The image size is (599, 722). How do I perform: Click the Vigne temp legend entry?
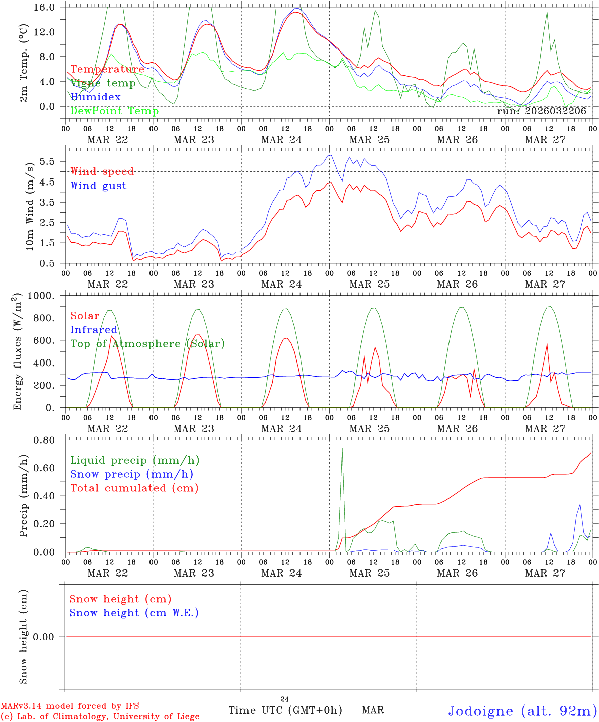point(103,83)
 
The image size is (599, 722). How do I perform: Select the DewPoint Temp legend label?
point(114,111)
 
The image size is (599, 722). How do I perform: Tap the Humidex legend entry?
point(95,97)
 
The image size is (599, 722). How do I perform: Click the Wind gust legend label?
point(98,186)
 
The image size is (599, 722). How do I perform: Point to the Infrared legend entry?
point(94,330)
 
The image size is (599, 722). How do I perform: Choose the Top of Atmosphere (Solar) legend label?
point(147,344)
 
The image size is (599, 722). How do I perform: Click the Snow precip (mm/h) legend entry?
point(131,474)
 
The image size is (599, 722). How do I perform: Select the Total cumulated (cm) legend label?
point(134,488)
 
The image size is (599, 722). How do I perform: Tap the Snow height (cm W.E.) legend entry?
point(133,613)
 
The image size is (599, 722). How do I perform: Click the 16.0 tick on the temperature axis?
point(45,7)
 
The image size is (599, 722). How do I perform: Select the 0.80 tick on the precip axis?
point(44,440)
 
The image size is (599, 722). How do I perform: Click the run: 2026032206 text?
point(541,111)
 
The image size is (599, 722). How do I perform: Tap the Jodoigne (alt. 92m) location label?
point(522,711)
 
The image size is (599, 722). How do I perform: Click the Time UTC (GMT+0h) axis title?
point(285,710)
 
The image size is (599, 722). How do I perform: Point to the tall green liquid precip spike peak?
point(342,448)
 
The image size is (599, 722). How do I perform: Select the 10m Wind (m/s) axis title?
point(30,206)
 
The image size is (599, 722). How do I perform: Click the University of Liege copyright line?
point(100,717)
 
